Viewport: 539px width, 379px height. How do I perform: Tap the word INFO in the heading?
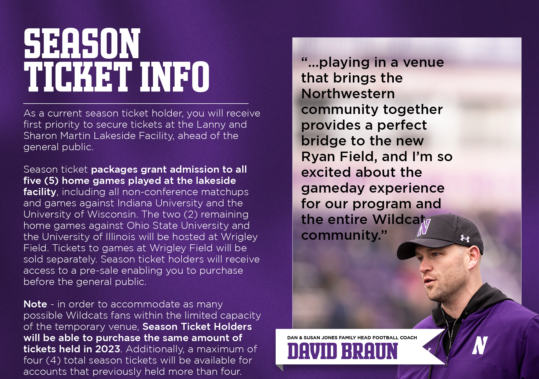click(175, 77)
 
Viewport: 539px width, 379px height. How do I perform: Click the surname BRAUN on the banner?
click(370, 351)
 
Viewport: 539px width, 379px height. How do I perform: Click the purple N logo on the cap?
click(424, 227)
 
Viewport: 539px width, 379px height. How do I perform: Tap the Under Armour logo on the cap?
click(465, 238)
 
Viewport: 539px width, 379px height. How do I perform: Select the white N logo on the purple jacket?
click(480, 345)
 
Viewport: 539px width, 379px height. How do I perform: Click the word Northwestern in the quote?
click(348, 94)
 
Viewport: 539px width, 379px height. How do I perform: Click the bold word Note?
click(35, 304)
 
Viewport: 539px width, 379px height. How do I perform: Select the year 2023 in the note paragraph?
click(108, 349)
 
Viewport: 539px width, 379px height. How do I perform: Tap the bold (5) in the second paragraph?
click(51, 181)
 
